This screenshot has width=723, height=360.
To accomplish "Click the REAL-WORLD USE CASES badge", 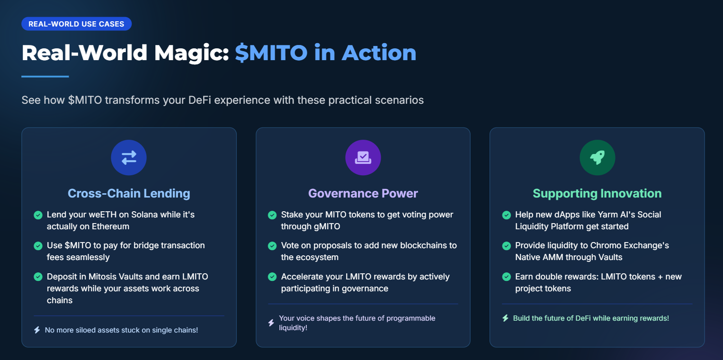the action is [77, 24].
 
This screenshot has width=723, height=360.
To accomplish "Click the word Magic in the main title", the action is [191, 53].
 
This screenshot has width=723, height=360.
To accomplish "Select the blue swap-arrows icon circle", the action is [129, 158].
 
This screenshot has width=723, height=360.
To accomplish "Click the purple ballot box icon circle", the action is [363, 158].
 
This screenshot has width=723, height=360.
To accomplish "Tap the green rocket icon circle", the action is [598, 158].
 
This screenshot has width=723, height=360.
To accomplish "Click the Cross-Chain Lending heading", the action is [129, 193].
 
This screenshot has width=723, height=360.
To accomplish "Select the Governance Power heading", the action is [363, 193].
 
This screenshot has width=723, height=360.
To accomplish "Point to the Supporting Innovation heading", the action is [597, 193].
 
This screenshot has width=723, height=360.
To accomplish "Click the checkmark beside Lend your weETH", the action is [38, 215].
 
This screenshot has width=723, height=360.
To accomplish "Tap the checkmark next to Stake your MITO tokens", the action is [272, 215].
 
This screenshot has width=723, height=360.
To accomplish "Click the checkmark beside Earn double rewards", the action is [507, 277].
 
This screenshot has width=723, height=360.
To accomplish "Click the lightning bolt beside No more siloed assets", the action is [37, 330].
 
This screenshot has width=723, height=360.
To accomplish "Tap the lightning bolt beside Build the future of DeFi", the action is [506, 318].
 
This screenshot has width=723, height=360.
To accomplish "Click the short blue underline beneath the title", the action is [45, 77].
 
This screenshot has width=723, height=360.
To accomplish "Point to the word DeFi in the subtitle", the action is [199, 100].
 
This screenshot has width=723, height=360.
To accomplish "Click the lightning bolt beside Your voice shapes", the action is [271, 323].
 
